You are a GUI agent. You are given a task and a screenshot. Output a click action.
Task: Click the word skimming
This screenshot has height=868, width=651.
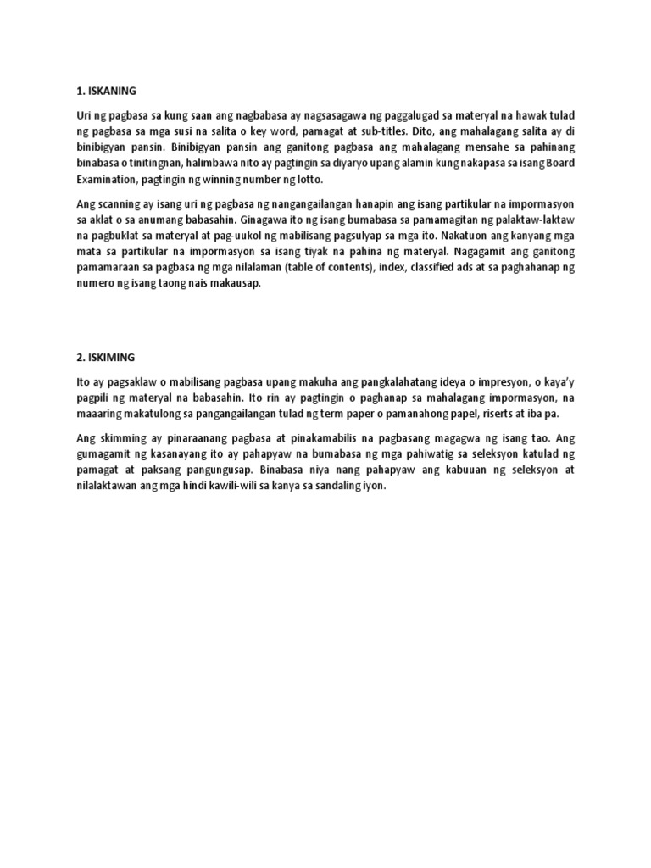tap(120, 440)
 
